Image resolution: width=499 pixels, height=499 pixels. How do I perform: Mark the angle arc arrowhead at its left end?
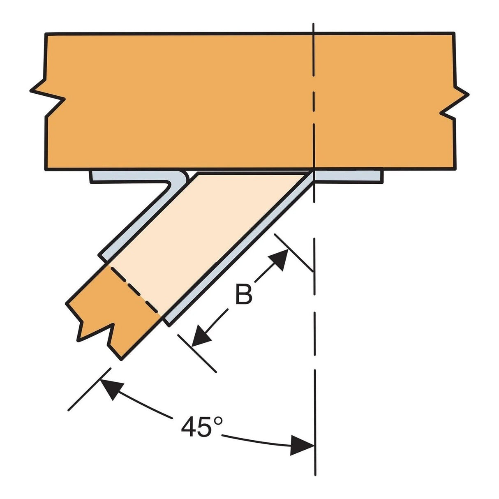click(x=110, y=388)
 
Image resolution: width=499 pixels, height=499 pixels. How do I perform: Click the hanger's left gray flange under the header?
click(x=132, y=177)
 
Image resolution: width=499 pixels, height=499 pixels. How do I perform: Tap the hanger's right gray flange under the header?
click(x=349, y=177)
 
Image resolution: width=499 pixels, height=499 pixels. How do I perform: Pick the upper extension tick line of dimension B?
click(x=294, y=253)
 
